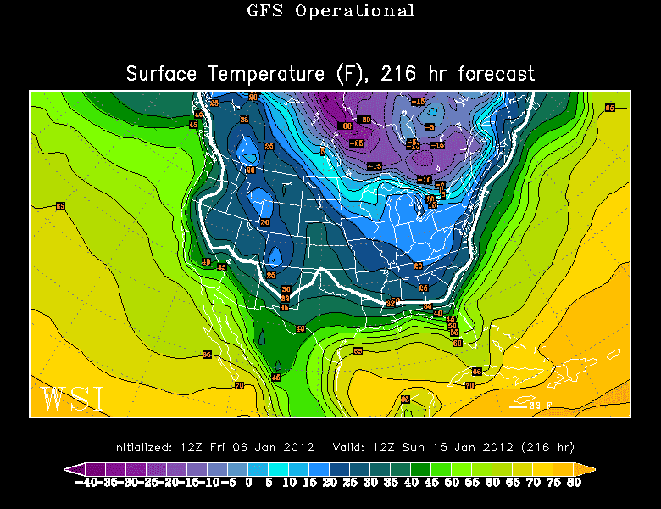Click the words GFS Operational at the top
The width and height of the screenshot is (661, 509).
(x=330, y=11)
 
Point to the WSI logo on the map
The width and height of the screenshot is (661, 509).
(x=72, y=398)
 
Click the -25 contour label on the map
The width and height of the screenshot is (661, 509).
(x=358, y=143)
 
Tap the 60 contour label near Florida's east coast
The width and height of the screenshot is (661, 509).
(x=457, y=343)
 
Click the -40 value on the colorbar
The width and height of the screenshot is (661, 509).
(x=86, y=482)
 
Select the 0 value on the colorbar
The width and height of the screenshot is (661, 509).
(x=248, y=482)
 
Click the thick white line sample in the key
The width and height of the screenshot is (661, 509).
(x=517, y=406)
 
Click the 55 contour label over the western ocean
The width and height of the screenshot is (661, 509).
(x=60, y=205)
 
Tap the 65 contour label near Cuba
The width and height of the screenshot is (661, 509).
(x=476, y=372)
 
